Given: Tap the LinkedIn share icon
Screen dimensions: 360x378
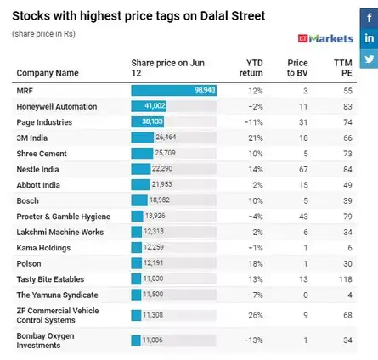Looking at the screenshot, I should pos(369,39).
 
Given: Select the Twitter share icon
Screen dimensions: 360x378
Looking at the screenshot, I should pos(369,59).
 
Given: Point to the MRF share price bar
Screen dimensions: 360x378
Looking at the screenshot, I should pos(173,90).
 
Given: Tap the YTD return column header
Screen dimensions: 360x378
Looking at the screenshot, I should pos(254,68).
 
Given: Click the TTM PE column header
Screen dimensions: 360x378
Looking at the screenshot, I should pos(342,68).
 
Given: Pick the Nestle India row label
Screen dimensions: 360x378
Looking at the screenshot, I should pos(39,169).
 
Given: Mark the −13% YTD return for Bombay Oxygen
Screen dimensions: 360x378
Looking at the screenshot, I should pos(255,340).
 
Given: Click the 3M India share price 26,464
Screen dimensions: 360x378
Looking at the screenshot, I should pos(165,138).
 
